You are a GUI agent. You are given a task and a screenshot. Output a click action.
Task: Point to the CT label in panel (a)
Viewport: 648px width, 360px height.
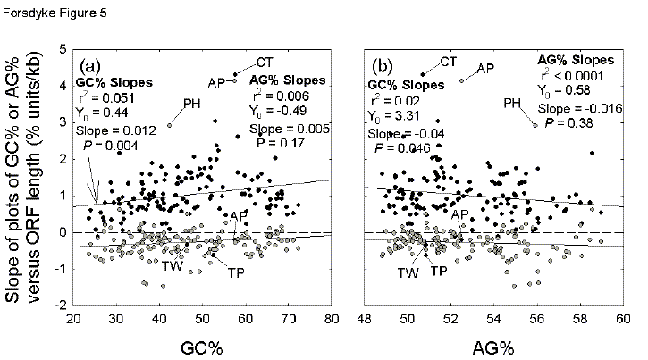264,62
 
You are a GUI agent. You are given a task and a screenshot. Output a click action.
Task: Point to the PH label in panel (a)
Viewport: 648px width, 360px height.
190,104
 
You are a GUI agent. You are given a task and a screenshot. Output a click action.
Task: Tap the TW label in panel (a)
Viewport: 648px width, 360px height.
173,265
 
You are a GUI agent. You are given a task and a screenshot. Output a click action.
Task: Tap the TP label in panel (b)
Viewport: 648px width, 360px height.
440,272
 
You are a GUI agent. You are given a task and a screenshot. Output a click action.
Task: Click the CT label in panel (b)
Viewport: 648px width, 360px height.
449,62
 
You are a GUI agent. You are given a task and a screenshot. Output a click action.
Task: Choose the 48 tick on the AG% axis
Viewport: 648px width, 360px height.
366,317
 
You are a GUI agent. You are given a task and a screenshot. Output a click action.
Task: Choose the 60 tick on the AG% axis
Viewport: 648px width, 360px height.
624,317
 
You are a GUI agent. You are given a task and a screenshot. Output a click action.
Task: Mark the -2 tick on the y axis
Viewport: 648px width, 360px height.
57,305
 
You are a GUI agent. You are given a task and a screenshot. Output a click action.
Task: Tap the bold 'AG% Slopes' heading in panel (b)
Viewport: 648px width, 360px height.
575,60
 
